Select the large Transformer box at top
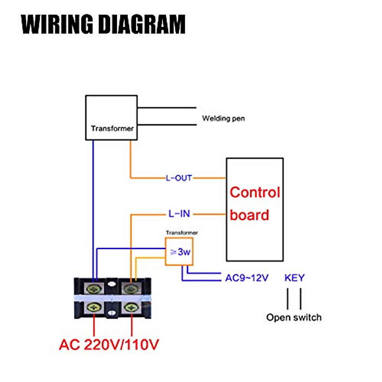pos(111,117)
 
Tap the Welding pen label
pos(223,118)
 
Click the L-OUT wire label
pos(179,178)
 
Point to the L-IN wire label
pos(179,214)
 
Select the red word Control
pos(255,192)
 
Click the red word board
pos(249,215)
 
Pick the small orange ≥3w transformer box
pos(179,251)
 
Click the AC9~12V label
pos(247,278)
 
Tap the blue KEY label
pos(294,278)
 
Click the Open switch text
pos(294,317)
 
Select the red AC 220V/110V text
pos(109,345)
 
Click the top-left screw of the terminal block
pos(94,289)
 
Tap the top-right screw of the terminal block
pos(131,289)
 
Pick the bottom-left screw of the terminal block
pos(94,307)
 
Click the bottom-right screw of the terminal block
pos(131,307)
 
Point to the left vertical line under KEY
pos(287,299)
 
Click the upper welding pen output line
pos(167,108)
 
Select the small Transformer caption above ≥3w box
pos(182,233)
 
